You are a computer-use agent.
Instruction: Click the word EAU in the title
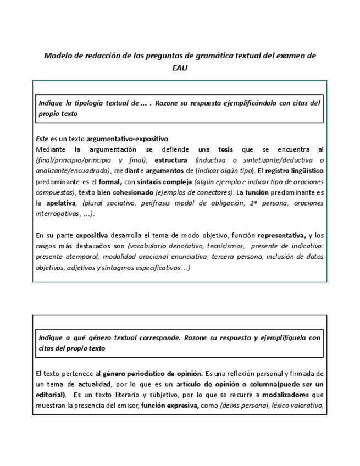coord(180,68)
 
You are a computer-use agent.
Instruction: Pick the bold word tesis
coord(225,149)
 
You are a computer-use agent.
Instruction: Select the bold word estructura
coord(170,160)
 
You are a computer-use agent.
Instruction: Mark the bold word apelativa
coord(60,203)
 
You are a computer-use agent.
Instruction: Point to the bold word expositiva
coord(92,236)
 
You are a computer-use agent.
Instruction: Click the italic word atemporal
coord(81,257)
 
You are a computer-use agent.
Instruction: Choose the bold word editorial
coord(51,395)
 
